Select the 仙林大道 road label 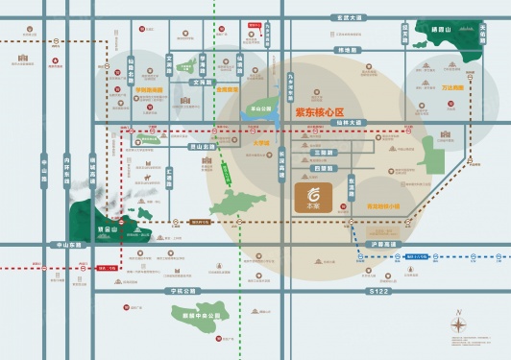pos(348,123)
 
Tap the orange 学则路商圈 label pos(150,92)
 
